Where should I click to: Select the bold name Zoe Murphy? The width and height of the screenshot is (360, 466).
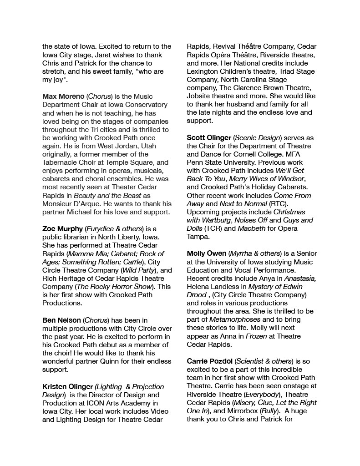pos(62,228)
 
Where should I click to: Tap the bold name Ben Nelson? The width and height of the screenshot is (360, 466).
pos(61,320)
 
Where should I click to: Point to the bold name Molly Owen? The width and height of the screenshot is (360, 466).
pos(206,253)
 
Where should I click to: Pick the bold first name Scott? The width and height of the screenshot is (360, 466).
pos(197,137)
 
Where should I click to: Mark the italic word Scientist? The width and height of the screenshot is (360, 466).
pos(251,361)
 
